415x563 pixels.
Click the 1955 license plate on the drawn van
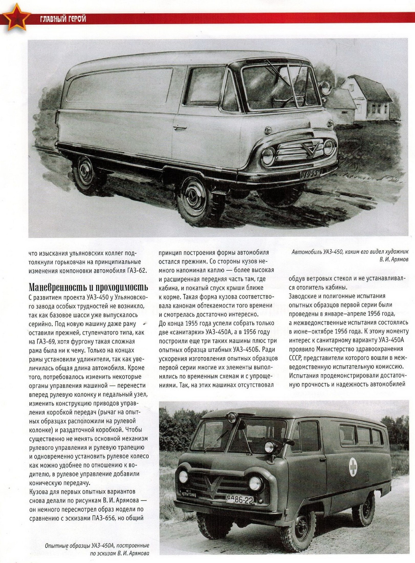[x=309, y=174]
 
